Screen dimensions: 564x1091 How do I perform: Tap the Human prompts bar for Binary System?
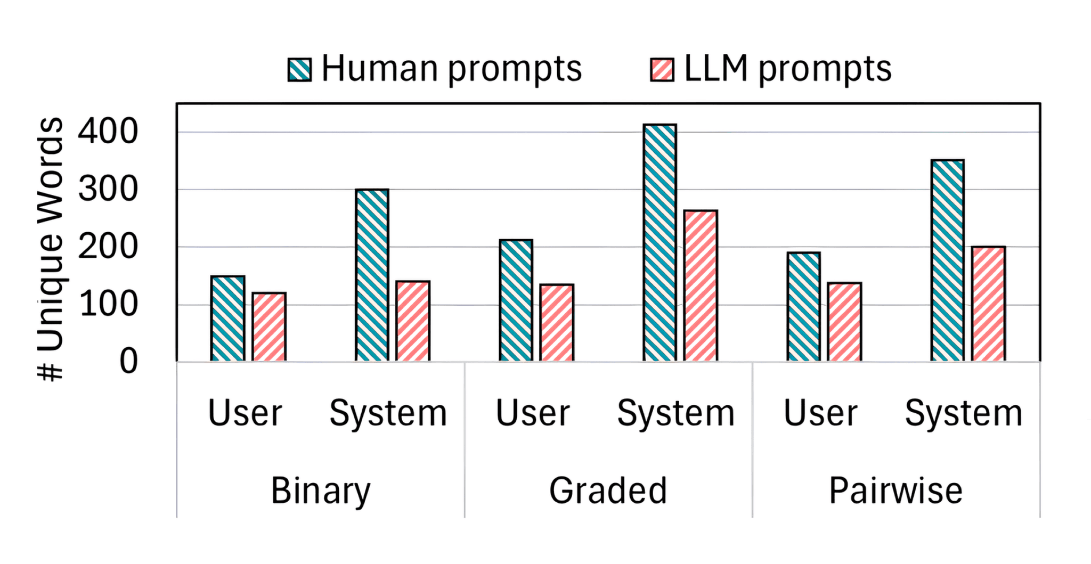tap(372, 275)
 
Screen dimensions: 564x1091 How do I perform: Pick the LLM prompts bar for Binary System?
tap(413, 321)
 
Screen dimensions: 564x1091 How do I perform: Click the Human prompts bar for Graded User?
tap(516, 300)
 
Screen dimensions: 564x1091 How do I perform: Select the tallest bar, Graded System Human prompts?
tap(660, 243)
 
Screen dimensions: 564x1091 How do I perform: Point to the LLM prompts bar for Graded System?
tap(701, 286)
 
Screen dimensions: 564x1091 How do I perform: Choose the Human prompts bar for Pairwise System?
tap(947, 260)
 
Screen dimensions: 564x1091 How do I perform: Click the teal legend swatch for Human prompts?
tap(299, 70)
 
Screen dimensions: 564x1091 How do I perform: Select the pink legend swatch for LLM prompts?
tap(662, 70)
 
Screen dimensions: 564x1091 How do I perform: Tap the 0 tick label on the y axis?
tap(128, 362)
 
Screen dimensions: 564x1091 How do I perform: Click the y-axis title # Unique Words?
tap(51, 249)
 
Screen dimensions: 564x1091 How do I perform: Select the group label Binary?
tap(320, 491)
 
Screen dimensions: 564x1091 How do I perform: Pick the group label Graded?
tap(608, 491)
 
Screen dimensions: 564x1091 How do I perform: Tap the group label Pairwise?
tap(895, 491)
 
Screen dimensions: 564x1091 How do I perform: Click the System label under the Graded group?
tap(675, 413)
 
